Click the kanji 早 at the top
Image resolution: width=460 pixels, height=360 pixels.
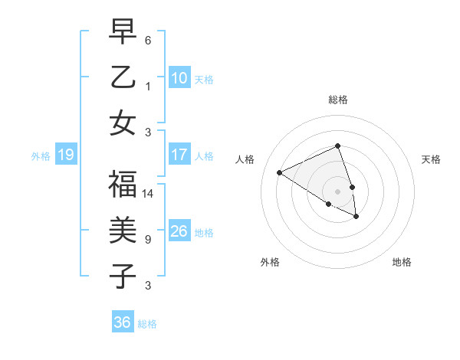click(123, 33)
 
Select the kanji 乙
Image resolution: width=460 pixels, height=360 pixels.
click(123, 77)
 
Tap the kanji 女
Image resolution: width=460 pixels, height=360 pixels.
click(123, 123)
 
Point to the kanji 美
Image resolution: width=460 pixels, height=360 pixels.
click(123, 231)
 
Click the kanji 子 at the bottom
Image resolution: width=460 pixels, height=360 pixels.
click(123, 276)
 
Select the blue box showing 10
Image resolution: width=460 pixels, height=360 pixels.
click(179, 78)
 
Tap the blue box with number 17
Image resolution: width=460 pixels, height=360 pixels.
click(179, 155)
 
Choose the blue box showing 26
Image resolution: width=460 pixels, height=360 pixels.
click(179, 231)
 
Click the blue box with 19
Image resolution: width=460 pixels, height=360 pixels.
click(66, 155)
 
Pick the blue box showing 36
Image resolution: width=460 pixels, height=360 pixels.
click(123, 322)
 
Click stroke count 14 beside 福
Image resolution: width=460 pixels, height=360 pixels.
click(149, 194)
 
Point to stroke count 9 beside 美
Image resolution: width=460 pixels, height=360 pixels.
click(148, 240)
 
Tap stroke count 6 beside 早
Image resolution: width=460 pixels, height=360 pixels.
click(148, 40)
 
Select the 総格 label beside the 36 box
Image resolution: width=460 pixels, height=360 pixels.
click(147, 324)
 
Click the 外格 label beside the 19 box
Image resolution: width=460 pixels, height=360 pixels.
click(41, 156)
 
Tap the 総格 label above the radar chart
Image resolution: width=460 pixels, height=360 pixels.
click(337, 100)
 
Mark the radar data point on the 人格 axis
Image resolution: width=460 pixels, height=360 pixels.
click(280, 173)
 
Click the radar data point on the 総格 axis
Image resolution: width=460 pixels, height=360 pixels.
click(337, 146)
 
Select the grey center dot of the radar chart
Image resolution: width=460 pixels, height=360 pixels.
click(337, 191)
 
